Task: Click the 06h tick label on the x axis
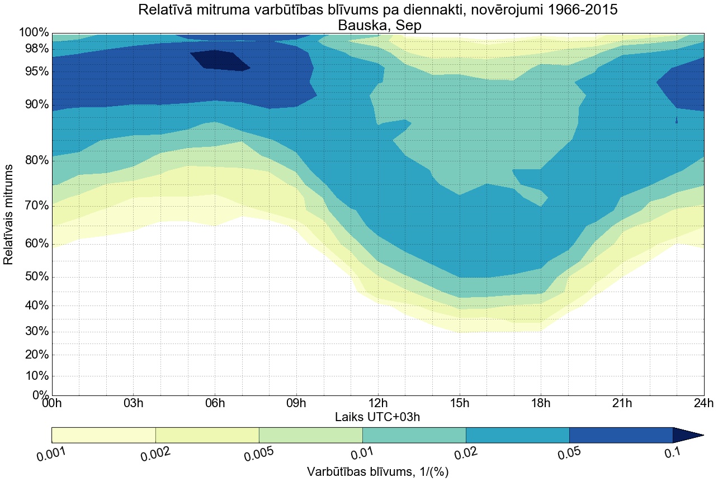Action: coord(215,404)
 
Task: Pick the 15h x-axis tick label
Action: coord(459,404)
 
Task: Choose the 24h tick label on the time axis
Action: coord(703,404)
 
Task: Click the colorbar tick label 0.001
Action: coord(52,452)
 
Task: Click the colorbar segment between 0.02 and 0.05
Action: coord(517,435)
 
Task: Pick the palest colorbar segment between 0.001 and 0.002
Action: coord(103,435)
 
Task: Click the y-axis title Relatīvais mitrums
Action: coord(9,214)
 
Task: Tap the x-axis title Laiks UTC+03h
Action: coord(377,417)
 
